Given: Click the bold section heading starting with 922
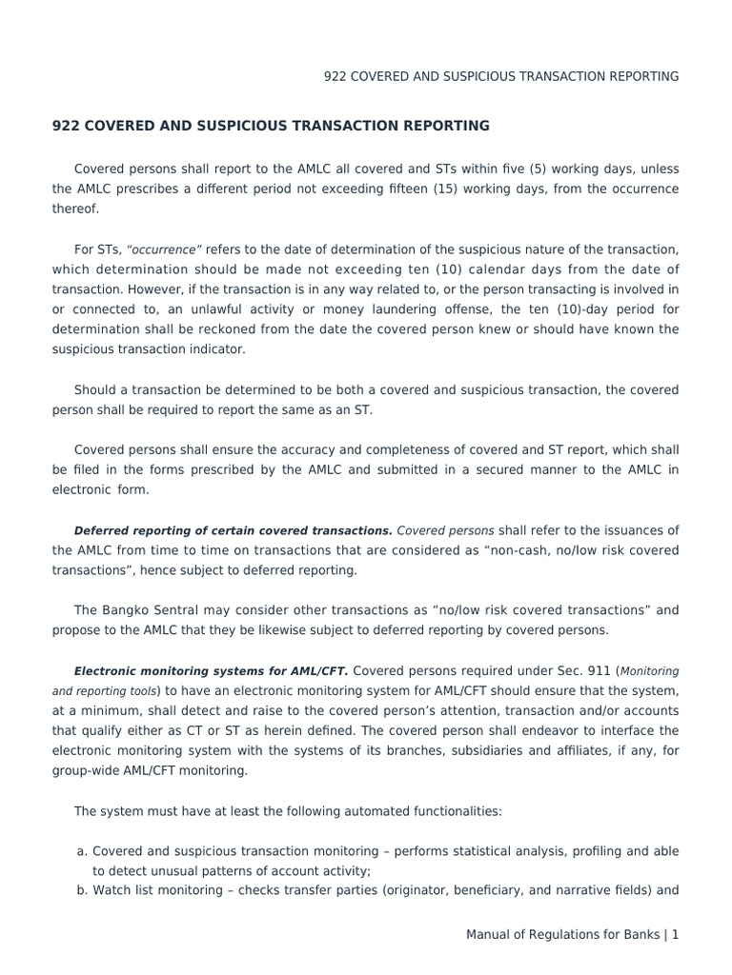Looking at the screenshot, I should [x=271, y=126].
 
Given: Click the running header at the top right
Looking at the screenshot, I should [x=501, y=76].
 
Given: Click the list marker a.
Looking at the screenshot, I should [x=82, y=851].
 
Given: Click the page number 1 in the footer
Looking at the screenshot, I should [x=675, y=935].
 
